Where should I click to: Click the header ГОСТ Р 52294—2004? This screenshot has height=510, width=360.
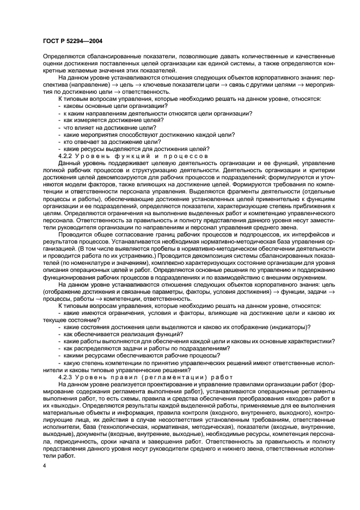point(72,40)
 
